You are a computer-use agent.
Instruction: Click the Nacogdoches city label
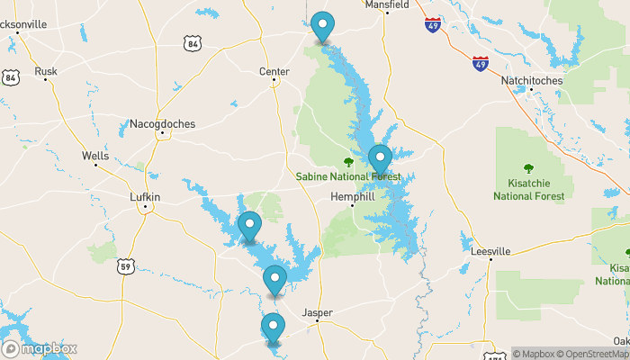(x=162, y=124)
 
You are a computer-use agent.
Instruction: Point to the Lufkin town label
(x=144, y=197)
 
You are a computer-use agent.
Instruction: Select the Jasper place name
(x=318, y=313)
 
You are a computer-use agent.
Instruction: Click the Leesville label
(x=490, y=251)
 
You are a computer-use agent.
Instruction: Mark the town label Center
(x=274, y=71)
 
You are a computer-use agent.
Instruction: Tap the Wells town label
(x=95, y=156)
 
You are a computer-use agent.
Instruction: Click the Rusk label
(x=45, y=71)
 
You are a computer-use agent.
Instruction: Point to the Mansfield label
(x=387, y=4)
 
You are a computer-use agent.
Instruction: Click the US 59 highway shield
(x=125, y=265)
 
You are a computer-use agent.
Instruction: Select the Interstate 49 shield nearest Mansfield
(x=433, y=24)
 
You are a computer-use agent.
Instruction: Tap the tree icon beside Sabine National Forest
(x=348, y=162)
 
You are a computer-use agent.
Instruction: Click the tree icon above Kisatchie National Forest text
(x=528, y=168)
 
